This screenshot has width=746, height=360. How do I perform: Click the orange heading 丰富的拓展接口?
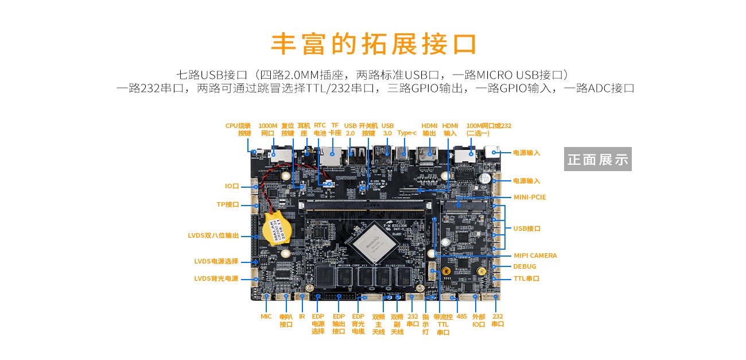pos(374,44)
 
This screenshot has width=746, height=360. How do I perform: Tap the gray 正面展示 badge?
pos(597,159)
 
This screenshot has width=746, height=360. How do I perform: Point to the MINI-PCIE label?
pos(530,197)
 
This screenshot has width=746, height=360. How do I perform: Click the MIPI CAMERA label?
pos(535,256)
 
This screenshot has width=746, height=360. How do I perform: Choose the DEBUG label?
pos(524,266)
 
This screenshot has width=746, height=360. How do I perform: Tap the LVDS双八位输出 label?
pos(213,235)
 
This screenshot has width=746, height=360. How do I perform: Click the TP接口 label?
pos(227,204)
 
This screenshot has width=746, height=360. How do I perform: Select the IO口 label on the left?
pos(232,186)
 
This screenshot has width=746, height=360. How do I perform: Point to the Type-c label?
pos(407,133)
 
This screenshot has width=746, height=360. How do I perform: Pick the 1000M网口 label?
pos(268,129)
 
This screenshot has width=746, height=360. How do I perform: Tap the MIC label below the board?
pos(266,316)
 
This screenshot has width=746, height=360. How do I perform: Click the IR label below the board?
pos(302,316)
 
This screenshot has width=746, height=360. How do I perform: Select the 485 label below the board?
pos(461,316)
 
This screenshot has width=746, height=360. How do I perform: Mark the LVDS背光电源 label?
pos(216,279)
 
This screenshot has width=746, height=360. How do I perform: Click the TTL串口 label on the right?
pos(526,278)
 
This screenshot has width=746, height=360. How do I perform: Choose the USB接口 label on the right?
pos(527,229)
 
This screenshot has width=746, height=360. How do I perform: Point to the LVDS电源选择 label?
pos(216,261)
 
